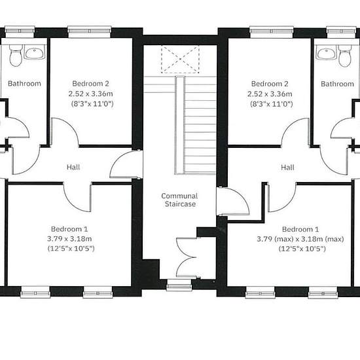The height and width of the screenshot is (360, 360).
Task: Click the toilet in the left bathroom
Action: [x=16, y=56]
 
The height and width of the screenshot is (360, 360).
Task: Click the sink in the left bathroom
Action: [x=35, y=53]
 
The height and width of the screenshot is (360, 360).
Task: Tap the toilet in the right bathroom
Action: [x=344, y=56]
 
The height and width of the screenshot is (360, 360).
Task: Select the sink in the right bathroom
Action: [x=326, y=54]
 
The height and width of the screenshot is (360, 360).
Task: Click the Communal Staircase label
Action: [x=179, y=200]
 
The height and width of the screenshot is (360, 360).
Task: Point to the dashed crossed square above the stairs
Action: [x=180, y=59]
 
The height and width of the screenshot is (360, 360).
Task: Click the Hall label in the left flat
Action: [x=73, y=167]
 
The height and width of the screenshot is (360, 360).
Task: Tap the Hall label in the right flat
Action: [x=287, y=167]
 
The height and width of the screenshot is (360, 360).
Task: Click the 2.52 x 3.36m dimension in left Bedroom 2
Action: [x=91, y=94]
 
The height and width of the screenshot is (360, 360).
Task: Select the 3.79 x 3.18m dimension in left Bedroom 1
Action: [x=69, y=239]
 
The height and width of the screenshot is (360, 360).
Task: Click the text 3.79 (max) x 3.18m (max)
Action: [x=300, y=239]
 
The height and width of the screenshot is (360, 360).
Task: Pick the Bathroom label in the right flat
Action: [x=337, y=84]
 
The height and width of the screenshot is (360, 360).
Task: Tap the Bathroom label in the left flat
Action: [x=24, y=83]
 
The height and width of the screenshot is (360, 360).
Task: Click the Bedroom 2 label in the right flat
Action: [x=270, y=84]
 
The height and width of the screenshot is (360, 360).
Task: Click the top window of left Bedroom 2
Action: [x=90, y=32]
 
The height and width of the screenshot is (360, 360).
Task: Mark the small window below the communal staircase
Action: [x=179, y=285]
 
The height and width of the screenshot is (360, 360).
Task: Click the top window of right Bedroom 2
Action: [x=272, y=32]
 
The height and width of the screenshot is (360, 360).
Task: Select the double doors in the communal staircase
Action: [x=187, y=257]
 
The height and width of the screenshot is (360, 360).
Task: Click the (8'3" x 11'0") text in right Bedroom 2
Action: [x=272, y=104]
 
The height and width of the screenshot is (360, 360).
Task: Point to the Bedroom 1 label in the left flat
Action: [x=69, y=229]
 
